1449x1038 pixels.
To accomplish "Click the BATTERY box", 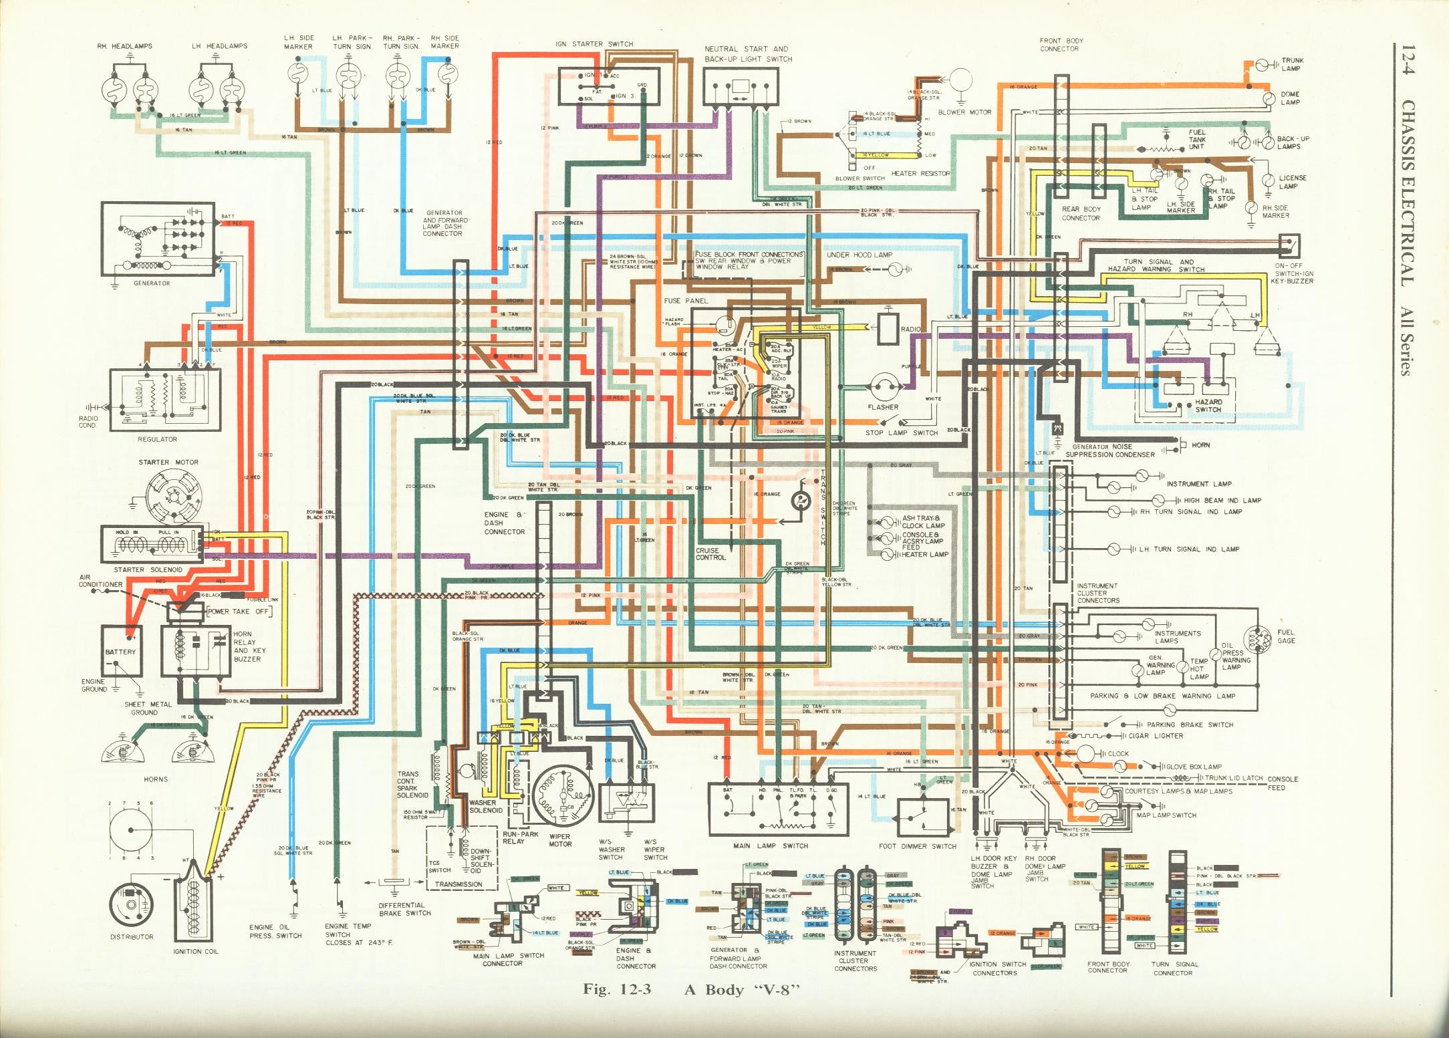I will [x=121, y=651].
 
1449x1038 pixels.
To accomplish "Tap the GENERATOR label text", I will [x=152, y=283].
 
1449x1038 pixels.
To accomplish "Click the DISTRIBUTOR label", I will [x=132, y=937].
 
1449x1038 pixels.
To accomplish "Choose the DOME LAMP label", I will [x=1290, y=98].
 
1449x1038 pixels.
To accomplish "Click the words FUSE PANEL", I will [x=686, y=301].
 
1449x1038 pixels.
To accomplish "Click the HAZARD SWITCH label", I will [x=1208, y=406].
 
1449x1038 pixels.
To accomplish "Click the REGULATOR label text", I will [x=157, y=439].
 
